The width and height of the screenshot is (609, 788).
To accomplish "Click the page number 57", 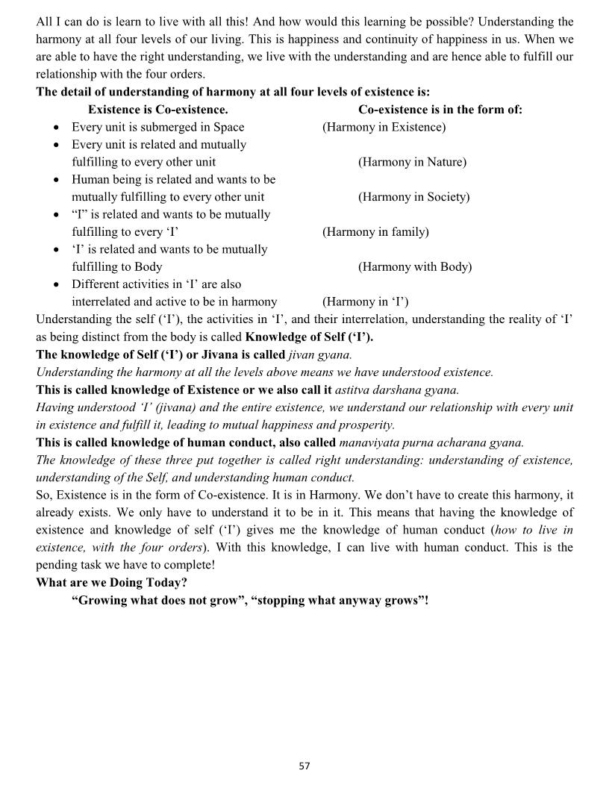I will (304, 766).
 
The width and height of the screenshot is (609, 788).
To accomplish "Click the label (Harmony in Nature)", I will (412, 162).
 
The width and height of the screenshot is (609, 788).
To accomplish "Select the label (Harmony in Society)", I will (413, 197).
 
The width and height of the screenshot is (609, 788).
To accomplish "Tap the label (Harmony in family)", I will (375, 232).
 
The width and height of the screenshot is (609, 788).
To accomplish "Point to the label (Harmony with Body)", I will (415, 266).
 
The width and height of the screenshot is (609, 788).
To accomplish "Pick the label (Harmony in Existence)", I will (384, 127).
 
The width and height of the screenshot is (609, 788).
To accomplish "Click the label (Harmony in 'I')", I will (365, 301).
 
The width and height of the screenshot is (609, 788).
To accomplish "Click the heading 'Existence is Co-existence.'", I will (157, 110).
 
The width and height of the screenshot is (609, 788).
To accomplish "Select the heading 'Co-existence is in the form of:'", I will (440, 110).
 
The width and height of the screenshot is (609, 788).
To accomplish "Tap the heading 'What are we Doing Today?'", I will (111, 582).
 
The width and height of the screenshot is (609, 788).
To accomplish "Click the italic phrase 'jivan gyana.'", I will (320, 354).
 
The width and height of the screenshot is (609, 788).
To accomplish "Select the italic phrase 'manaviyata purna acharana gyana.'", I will (431, 442).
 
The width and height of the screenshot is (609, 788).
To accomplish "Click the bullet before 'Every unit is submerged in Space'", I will (57, 128).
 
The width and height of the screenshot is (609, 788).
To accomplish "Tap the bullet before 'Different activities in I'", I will (57, 285).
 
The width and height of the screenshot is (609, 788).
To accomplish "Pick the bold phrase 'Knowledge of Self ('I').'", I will (309, 337).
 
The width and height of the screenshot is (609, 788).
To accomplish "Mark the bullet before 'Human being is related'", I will (57, 180).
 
